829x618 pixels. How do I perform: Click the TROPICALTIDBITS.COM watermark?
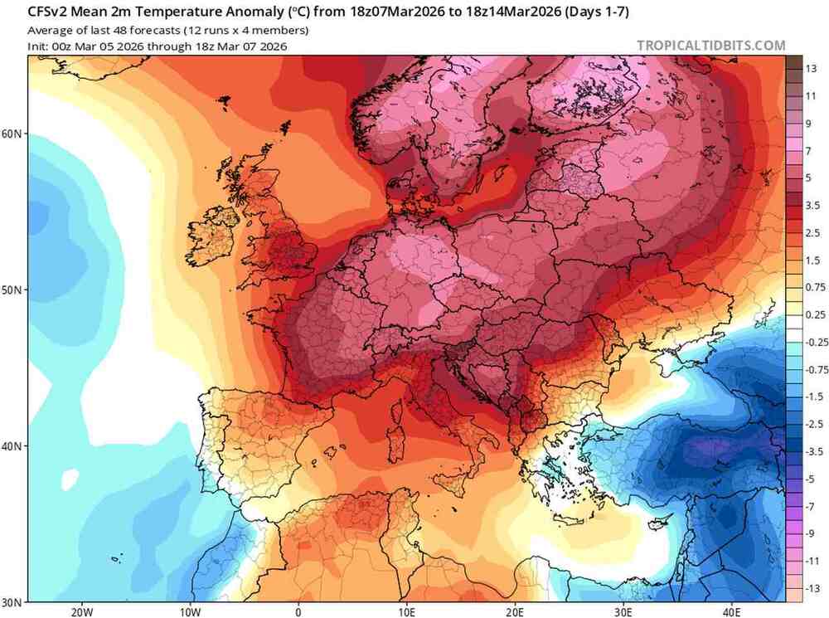(710, 46)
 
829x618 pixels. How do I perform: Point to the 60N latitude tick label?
(13, 134)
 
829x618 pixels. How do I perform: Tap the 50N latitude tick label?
(13, 290)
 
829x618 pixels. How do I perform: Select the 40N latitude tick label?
(13, 445)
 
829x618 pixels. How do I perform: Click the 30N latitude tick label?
(13, 601)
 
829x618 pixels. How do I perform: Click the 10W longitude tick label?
(189, 611)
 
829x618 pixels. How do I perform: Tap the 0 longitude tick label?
(298, 611)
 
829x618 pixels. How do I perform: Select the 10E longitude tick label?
(406, 611)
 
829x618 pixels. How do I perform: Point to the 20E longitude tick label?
(515, 611)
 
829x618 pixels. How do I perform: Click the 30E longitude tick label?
(623, 611)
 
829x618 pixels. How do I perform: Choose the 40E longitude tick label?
(732, 611)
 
